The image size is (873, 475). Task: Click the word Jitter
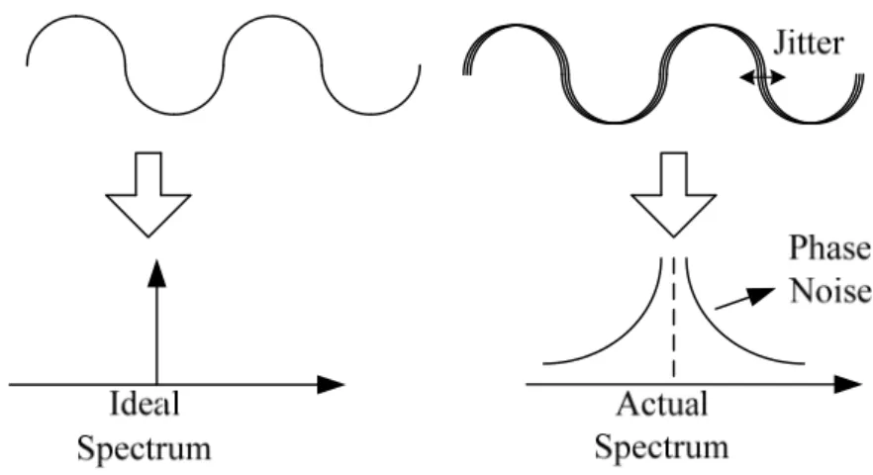[x=809, y=44]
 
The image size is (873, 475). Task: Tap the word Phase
[x=830, y=247]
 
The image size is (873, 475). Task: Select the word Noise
[x=830, y=291]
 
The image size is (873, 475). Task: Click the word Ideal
[x=145, y=403]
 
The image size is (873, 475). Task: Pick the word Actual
[x=662, y=403]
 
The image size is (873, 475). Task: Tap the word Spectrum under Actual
[x=662, y=447]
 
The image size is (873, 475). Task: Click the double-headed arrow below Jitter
[x=762, y=77]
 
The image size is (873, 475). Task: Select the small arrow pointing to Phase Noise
[x=745, y=298]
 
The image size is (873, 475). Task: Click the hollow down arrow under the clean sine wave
[x=148, y=194]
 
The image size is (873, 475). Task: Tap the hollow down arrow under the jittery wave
[x=674, y=194]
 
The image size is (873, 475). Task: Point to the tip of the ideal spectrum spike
[x=157, y=260]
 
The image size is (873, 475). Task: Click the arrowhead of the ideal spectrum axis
[x=332, y=384]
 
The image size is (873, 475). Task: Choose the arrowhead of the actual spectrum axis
[x=848, y=384]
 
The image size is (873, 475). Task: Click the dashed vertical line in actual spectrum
[x=674, y=318]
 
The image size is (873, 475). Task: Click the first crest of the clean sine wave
[x=75, y=16]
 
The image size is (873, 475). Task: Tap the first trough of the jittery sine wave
[x=614, y=122]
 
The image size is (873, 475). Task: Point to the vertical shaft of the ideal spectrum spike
[x=157, y=334]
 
